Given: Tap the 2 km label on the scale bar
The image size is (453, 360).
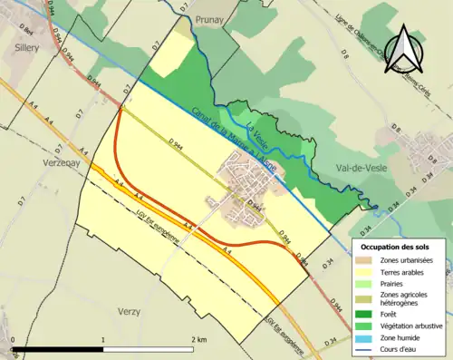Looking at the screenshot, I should tap(198, 340).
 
